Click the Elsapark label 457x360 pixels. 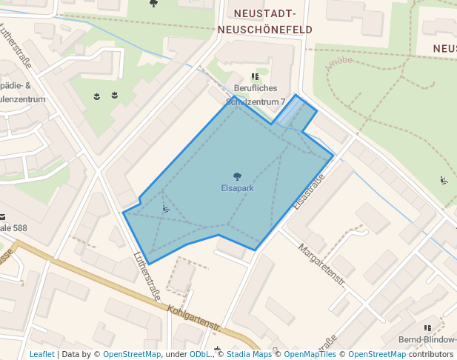click(237, 189)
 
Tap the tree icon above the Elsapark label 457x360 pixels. click(237, 177)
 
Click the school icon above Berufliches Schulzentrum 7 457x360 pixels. click(255, 77)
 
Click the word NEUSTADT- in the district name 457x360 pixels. click(264, 14)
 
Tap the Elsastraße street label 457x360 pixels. click(310, 191)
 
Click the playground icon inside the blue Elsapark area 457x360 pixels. click(166, 209)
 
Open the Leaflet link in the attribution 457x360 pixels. click(41, 355)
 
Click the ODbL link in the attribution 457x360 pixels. click(200, 355)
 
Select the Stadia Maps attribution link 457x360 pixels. click(248, 355)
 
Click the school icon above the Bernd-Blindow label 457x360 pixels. click(427, 327)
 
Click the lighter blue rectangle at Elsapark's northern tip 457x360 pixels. click(294, 112)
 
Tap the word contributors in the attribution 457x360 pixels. click(430, 355)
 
